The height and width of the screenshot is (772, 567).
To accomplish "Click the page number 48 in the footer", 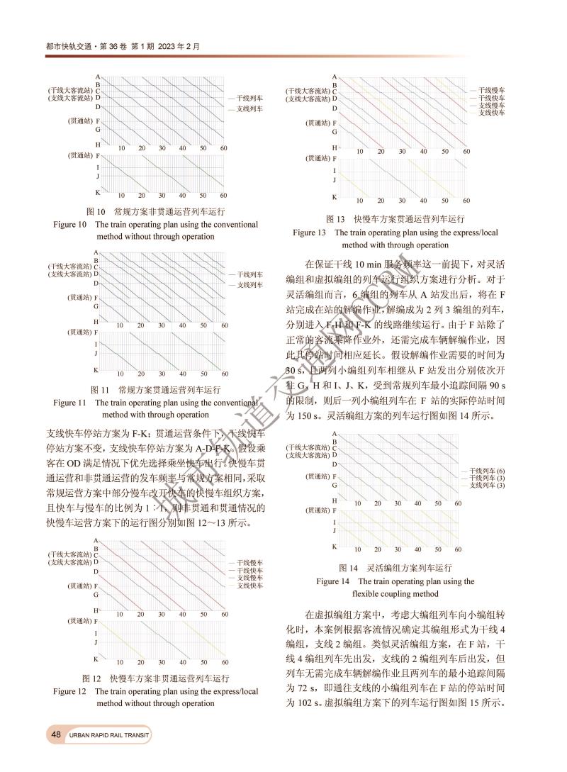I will pyautogui.click(x=55, y=735).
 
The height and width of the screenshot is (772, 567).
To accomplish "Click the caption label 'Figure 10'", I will pyautogui.click(x=69, y=225).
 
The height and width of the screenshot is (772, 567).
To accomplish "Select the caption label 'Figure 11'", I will pyautogui.click(x=69, y=402).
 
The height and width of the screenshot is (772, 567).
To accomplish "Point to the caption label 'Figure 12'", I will pyautogui.click(x=69, y=690).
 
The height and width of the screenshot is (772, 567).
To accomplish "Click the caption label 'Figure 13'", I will pyautogui.click(x=309, y=232).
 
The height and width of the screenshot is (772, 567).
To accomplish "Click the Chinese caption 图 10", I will pyautogui.click(x=96, y=211).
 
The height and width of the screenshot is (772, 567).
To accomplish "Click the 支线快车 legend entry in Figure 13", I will pyautogui.click(x=492, y=113).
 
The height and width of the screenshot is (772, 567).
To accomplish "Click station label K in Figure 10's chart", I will pyautogui.click(x=98, y=193).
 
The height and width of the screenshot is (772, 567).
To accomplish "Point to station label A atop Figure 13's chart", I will pyautogui.click(x=334, y=76).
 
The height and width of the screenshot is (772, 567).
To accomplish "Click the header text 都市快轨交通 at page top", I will pyautogui.click(x=67, y=46).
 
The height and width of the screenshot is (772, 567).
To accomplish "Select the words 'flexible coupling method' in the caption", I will pyautogui.click(x=395, y=594).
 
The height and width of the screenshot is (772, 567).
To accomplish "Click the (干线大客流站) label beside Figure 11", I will pyautogui.click(x=69, y=267).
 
